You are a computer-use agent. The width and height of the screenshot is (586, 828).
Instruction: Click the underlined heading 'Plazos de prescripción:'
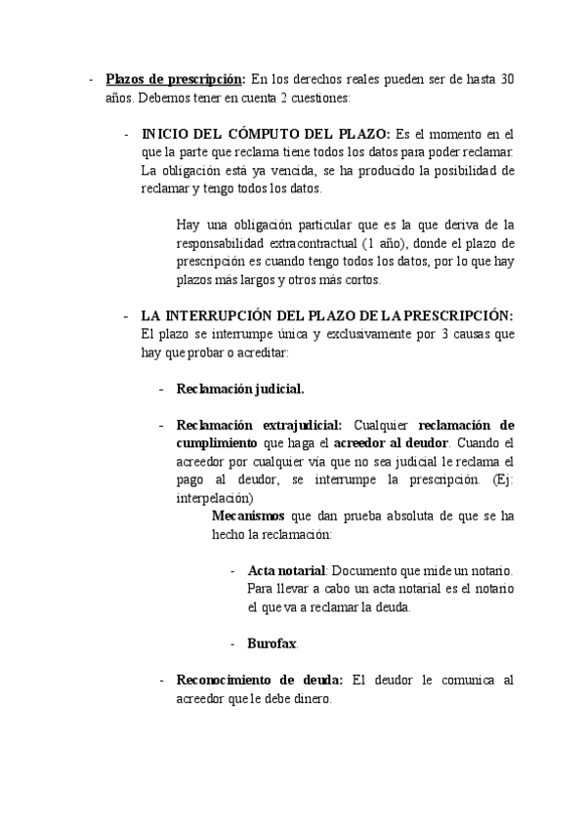[x=175, y=79]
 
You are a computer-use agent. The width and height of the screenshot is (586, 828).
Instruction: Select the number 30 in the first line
[x=506, y=79]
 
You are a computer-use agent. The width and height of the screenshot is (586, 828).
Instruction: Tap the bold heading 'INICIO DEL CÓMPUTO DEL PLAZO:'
[x=266, y=134]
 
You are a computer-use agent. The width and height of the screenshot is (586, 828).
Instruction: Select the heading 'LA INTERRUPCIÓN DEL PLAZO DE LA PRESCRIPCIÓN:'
[x=327, y=315]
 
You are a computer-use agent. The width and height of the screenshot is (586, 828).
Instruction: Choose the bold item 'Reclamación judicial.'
[x=240, y=389]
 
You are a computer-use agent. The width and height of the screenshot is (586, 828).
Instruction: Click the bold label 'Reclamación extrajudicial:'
[x=259, y=425]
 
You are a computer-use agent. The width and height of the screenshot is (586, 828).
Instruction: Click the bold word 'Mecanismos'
[x=249, y=516]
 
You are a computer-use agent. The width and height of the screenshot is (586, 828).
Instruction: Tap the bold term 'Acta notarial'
[x=286, y=570]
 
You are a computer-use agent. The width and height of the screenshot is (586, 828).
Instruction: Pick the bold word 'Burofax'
[x=272, y=643]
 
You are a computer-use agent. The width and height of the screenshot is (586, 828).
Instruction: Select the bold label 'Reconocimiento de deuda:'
[x=259, y=680]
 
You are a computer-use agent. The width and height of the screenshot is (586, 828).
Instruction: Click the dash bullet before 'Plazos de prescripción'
[x=91, y=79]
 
